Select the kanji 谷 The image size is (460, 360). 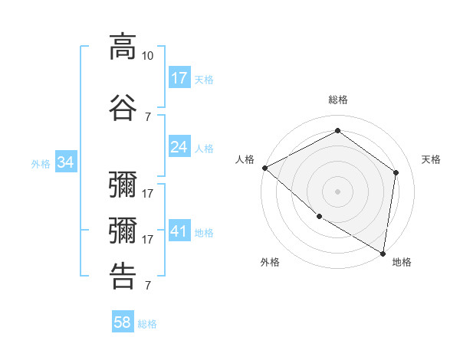coord(123,107)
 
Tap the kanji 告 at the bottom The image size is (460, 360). coord(123,276)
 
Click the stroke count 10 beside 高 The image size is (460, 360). coord(148,56)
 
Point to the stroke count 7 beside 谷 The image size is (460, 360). coord(148,116)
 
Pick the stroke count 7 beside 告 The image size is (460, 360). coord(148,286)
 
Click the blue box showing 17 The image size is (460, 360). coord(179,77)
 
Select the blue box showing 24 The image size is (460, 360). coord(179,147)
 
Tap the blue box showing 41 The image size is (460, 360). coord(179,231)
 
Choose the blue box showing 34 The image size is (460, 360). coord(66,162)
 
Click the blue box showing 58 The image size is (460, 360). coord(123,322)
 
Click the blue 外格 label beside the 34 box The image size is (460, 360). coord(41,163)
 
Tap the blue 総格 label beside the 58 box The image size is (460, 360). coord(147,324)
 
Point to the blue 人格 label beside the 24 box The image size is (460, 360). coord(204,148)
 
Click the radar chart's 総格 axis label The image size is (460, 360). coord(337,100)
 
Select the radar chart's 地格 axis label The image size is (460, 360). coord(402,262)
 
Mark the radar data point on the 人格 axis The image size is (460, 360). coord(264,168)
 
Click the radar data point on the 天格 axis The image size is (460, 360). coord(396,172)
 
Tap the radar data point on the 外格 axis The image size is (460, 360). coord(319,217)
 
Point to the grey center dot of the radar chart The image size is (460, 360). coord(337,191)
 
